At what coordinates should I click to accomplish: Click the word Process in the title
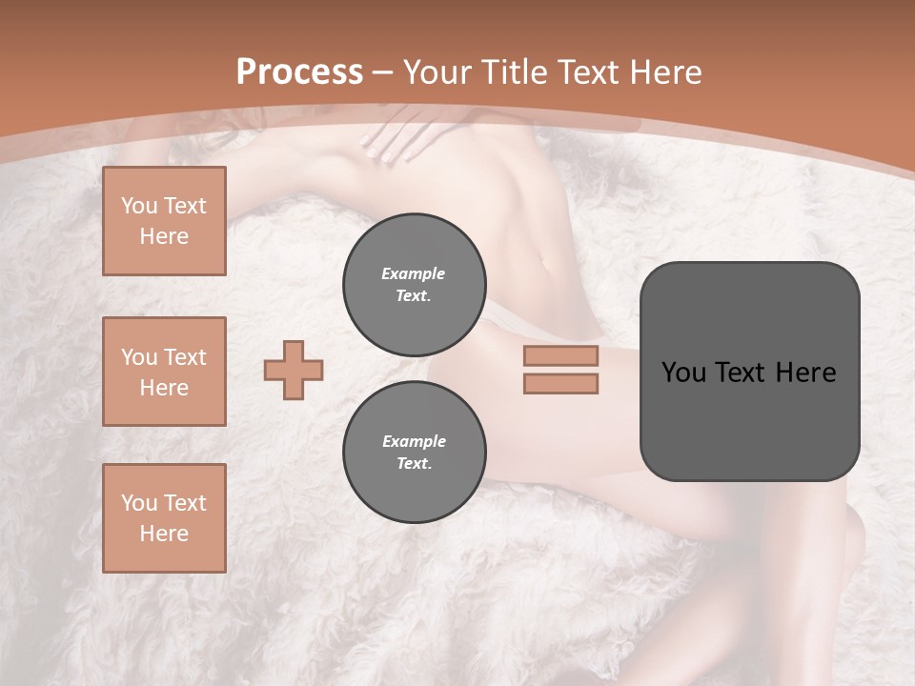(299, 72)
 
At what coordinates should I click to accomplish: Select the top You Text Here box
(164, 221)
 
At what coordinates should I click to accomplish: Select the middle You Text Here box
(164, 372)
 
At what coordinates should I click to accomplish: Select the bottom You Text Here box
(164, 518)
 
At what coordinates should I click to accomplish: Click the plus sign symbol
(294, 370)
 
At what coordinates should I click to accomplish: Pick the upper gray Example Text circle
(414, 284)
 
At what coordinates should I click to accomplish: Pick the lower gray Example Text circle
(414, 452)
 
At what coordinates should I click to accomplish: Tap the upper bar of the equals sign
(560, 355)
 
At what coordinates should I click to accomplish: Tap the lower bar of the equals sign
(560, 384)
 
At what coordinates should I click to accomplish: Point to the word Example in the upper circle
(414, 273)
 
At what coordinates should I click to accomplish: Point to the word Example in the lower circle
(414, 441)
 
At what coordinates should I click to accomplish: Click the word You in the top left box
(139, 206)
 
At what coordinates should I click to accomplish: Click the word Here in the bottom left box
(164, 534)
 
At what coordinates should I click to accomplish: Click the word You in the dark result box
(683, 373)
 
